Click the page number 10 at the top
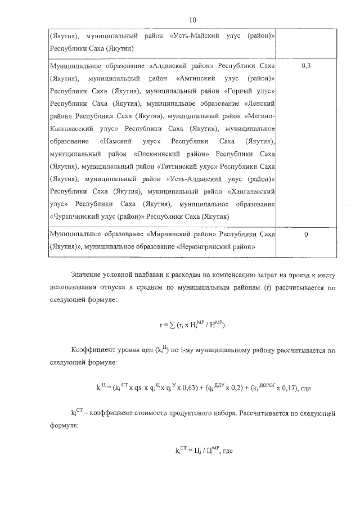pyautogui.click(x=192, y=20)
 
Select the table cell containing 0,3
pyautogui.click(x=307, y=66)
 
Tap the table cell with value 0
pyautogui.click(x=307, y=233)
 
